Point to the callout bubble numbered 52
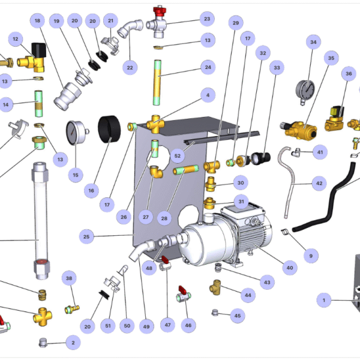(x=178, y=155)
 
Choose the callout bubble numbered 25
(x=87, y=237)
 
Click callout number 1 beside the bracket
(x=324, y=299)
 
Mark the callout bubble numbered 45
(x=237, y=316)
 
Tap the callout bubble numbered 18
(x=37, y=21)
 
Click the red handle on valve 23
(x=160, y=10)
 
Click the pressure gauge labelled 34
(x=304, y=91)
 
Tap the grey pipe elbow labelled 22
(x=131, y=30)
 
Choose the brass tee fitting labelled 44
(x=217, y=287)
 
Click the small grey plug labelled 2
(x=44, y=343)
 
